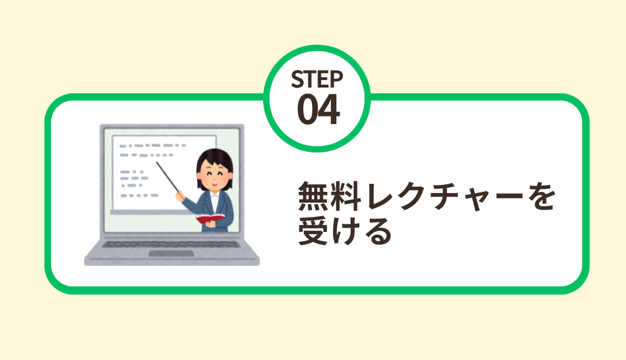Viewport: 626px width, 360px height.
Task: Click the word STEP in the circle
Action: click(x=317, y=79)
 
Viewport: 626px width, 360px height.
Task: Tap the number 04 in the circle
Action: click(x=318, y=109)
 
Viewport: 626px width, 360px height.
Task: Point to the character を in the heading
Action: click(x=541, y=196)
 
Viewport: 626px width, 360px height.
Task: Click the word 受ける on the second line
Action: click(x=344, y=231)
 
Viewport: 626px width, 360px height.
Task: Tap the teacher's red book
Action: click(x=210, y=219)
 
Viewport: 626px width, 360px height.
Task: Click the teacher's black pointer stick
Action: click(x=168, y=177)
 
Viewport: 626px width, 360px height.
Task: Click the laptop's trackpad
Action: click(x=171, y=253)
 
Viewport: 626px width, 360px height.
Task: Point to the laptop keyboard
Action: click(x=171, y=244)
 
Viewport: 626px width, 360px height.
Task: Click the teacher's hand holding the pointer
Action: click(x=180, y=196)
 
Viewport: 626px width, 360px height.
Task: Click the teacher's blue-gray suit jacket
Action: click(x=209, y=209)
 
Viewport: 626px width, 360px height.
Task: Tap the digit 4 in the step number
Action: click(x=329, y=109)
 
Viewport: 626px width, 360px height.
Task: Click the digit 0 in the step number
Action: click(x=307, y=110)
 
